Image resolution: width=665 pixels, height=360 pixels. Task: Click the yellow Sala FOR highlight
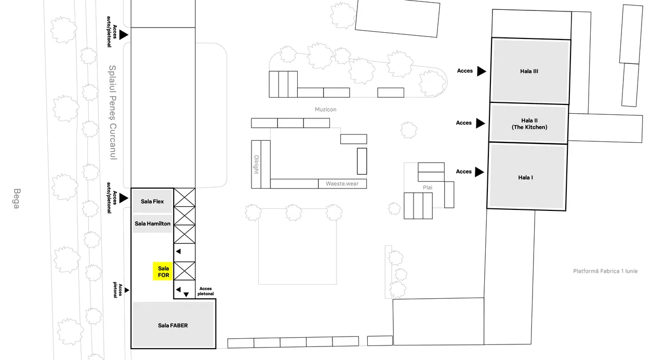(x=163, y=271)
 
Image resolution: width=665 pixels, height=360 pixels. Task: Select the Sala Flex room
(x=152, y=202)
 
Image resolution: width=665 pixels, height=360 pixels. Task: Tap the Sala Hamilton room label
(x=153, y=223)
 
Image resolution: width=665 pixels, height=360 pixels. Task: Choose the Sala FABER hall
(x=174, y=325)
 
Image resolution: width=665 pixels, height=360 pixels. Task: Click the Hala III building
(x=530, y=71)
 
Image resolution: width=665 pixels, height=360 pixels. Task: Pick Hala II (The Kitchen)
(x=529, y=124)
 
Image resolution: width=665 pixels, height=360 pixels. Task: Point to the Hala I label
(x=525, y=178)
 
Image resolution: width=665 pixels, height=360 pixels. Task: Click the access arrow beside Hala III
(x=482, y=71)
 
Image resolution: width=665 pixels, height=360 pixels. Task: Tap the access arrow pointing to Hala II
(x=481, y=123)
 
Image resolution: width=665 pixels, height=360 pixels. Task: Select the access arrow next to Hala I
(x=480, y=172)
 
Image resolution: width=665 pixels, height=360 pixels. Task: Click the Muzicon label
(x=326, y=110)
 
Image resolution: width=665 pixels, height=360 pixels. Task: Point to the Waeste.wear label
(x=342, y=184)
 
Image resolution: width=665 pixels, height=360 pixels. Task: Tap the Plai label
(x=428, y=188)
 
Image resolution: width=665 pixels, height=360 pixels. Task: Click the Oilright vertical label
(x=257, y=165)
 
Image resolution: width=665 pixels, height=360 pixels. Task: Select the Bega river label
(x=17, y=198)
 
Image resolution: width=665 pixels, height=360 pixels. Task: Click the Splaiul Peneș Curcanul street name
(x=113, y=113)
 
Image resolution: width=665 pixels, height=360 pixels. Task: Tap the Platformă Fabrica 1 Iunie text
(x=605, y=271)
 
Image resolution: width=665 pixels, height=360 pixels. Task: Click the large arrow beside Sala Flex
(x=124, y=198)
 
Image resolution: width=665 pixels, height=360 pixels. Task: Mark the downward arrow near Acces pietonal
(x=186, y=295)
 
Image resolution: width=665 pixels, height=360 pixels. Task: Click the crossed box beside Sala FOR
(x=184, y=271)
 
